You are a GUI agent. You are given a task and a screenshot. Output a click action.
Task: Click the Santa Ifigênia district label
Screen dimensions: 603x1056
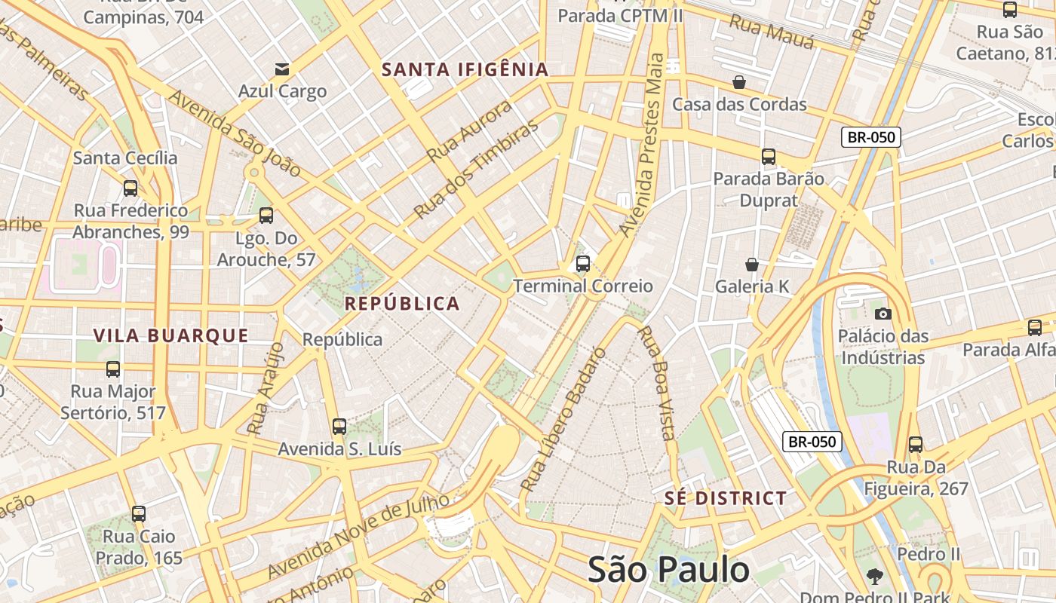pos(465,70)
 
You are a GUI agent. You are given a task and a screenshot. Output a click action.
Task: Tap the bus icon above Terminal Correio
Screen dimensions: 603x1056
pos(582,263)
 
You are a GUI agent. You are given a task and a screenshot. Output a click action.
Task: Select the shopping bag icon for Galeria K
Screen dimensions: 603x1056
pos(751,265)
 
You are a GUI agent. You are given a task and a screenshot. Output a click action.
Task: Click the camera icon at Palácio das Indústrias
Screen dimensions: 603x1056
pos(883,314)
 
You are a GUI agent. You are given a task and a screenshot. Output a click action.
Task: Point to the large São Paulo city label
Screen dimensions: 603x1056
pos(668,570)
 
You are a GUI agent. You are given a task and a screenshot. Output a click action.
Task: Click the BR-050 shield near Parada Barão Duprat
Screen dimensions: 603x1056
pos(870,137)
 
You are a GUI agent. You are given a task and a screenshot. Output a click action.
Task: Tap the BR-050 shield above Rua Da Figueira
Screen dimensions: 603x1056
pos(812,442)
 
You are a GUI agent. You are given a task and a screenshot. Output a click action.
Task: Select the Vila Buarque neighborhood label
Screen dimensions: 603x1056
pos(170,336)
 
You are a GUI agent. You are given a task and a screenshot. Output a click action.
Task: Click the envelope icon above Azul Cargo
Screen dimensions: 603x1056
pos(282,70)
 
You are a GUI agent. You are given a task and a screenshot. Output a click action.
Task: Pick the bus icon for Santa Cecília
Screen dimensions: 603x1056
pos(130,188)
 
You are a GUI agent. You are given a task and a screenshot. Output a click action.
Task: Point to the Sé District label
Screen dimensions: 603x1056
pos(726,498)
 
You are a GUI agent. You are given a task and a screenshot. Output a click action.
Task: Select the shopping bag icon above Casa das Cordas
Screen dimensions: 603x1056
pos(739,82)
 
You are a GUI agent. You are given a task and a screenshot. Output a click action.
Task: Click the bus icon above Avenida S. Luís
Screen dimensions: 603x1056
pos(339,427)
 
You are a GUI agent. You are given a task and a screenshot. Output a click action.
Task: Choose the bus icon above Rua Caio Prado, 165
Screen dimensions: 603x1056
pos(138,514)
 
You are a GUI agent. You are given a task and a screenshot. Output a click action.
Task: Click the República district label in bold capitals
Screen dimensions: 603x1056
pos(402,304)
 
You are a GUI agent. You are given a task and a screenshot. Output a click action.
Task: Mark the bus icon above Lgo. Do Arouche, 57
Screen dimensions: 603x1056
pos(266,216)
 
